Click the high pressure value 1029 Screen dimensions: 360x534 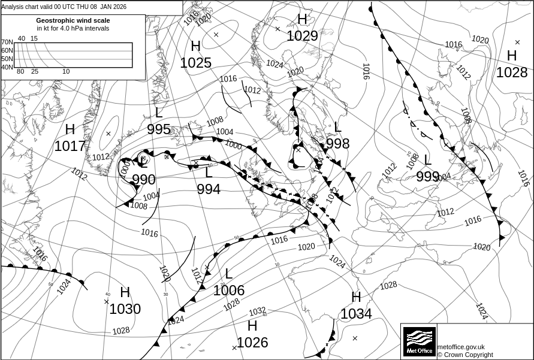point(302,36)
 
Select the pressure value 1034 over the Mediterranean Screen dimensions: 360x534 point(357,313)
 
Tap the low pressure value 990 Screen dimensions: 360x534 point(143,180)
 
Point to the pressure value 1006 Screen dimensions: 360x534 point(229,291)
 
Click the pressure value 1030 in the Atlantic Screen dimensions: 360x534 point(125,309)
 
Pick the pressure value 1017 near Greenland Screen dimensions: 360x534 point(70,146)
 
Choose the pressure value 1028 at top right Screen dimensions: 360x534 point(512,72)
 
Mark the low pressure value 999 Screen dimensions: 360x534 point(427,176)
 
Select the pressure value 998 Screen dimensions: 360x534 point(337,143)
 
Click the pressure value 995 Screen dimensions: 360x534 point(159,130)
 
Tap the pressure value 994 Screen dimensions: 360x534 point(209,189)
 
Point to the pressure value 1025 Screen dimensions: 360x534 point(195,63)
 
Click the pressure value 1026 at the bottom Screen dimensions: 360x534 point(252,343)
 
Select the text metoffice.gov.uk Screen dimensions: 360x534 point(461,347)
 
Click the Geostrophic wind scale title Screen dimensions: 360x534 point(73,20)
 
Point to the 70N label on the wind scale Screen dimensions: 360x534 point(7,42)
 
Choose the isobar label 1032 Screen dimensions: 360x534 point(257,311)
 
